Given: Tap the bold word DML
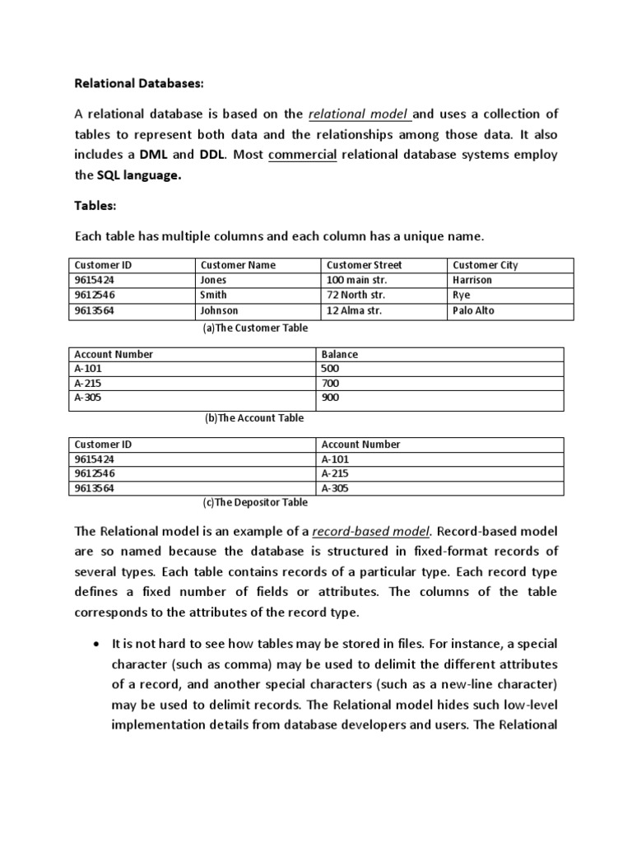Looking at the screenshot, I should (x=154, y=154).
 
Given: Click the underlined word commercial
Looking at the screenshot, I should (x=302, y=154).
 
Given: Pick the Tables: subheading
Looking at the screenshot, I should (x=95, y=206).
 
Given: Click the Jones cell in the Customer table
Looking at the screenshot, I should (x=213, y=280).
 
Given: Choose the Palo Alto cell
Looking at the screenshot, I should (x=473, y=310).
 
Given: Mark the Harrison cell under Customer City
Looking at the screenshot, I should (x=472, y=280).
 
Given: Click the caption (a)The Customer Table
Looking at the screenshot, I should (x=255, y=328).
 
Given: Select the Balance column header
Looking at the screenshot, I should (x=340, y=354).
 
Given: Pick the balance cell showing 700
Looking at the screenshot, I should (x=330, y=384).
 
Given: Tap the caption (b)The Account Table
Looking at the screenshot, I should (x=254, y=417).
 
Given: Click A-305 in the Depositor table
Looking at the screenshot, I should (x=336, y=488).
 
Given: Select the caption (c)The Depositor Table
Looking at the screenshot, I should (x=255, y=502).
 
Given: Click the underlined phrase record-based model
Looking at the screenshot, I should (x=383, y=531).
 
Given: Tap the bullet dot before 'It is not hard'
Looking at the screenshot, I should (x=98, y=643).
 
